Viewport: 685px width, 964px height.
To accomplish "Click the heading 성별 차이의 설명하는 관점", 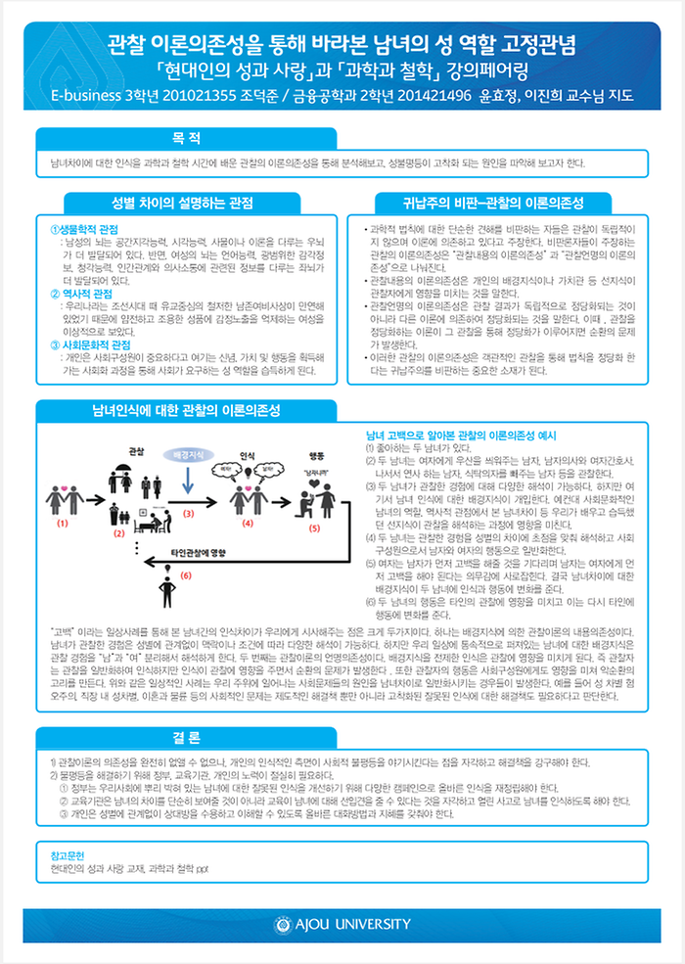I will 183,203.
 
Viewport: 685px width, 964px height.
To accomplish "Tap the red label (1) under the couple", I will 65,524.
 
